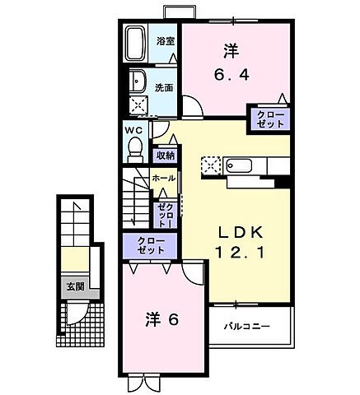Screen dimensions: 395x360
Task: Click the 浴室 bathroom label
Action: pos(165,41)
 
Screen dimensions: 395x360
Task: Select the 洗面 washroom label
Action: pos(164,87)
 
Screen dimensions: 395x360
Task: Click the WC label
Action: pos(135,130)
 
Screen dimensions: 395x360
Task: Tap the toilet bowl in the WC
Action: pos(136,149)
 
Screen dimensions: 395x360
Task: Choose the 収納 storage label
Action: pos(164,155)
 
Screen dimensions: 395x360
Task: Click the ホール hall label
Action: pos(163,178)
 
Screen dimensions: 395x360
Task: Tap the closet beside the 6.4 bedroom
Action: pos(271,117)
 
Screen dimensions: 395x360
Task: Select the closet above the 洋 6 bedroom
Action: pos(150,246)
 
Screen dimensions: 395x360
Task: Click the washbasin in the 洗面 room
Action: pos(138,82)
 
